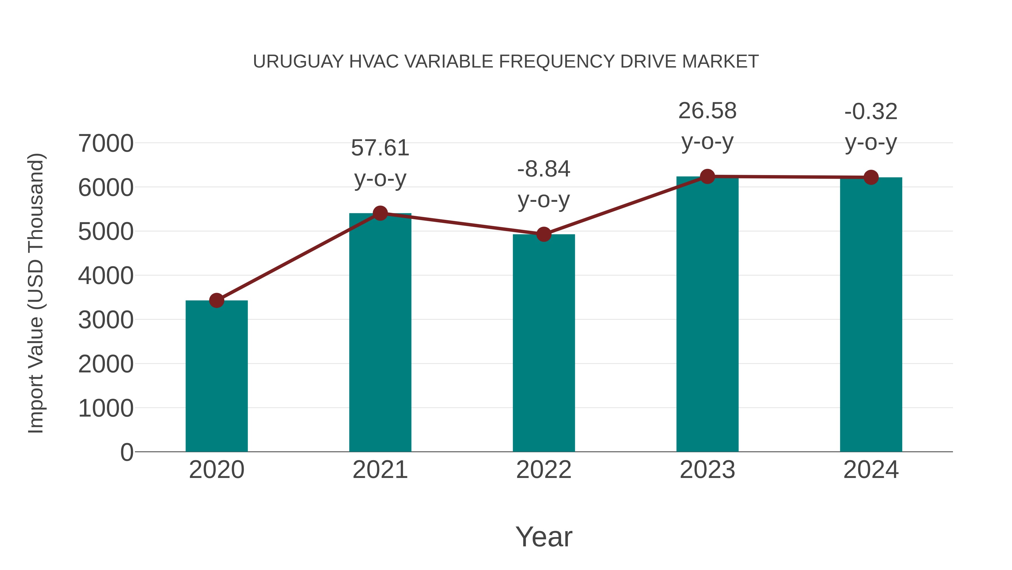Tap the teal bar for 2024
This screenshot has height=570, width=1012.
click(871, 314)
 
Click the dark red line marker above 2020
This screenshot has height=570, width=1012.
click(216, 301)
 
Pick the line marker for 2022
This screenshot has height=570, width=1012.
click(544, 234)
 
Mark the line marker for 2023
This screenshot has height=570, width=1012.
click(708, 176)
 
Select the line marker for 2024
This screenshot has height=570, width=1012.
click(871, 177)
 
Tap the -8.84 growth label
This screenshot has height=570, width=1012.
click(544, 169)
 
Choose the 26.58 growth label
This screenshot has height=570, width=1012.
click(708, 111)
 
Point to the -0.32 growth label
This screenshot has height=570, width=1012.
click(871, 112)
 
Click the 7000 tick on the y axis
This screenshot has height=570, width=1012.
click(106, 144)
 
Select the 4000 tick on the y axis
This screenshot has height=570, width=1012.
click(106, 276)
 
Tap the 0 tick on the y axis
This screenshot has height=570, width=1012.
click(127, 452)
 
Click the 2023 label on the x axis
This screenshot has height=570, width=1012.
click(708, 470)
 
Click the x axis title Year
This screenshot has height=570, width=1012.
click(544, 537)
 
